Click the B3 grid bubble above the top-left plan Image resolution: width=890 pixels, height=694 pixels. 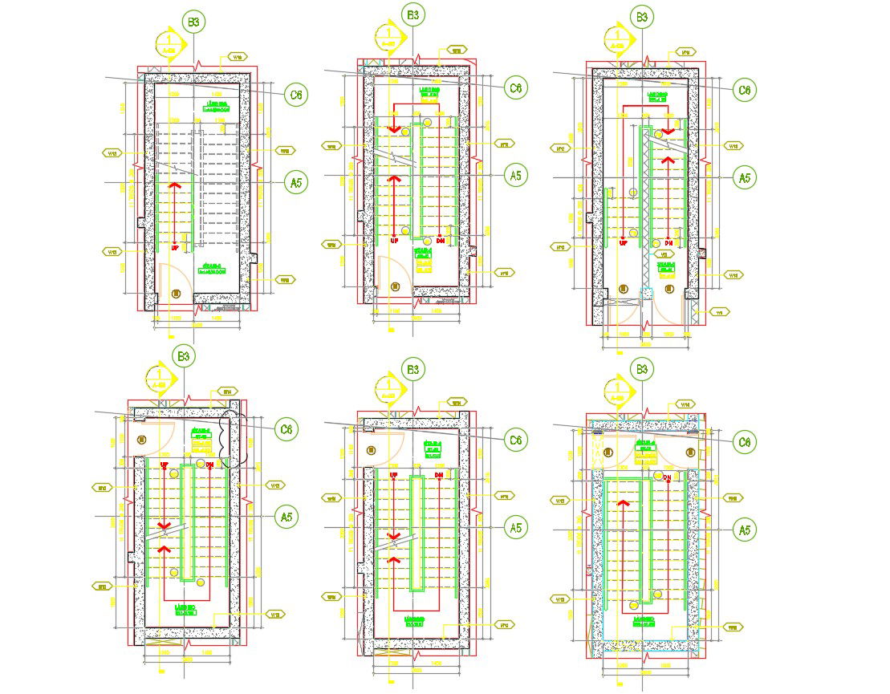[194, 21]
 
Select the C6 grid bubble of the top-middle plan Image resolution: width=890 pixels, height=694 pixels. [515, 87]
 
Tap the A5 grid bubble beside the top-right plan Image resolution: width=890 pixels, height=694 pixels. [745, 177]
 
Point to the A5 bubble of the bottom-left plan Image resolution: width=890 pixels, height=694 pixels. [286, 517]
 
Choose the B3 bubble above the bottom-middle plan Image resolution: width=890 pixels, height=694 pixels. [412, 369]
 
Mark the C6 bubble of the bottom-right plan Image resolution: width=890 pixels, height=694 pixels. [745, 441]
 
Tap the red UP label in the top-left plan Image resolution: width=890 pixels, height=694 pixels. [175, 248]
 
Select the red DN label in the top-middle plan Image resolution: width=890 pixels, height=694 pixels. [441, 241]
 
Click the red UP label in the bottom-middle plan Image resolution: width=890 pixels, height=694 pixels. [393, 476]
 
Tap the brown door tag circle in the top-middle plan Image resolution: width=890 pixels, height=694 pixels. [395, 286]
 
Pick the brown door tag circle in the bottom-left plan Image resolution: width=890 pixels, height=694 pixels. [142, 440]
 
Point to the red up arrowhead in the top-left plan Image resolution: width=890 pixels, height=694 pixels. [175, 186]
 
